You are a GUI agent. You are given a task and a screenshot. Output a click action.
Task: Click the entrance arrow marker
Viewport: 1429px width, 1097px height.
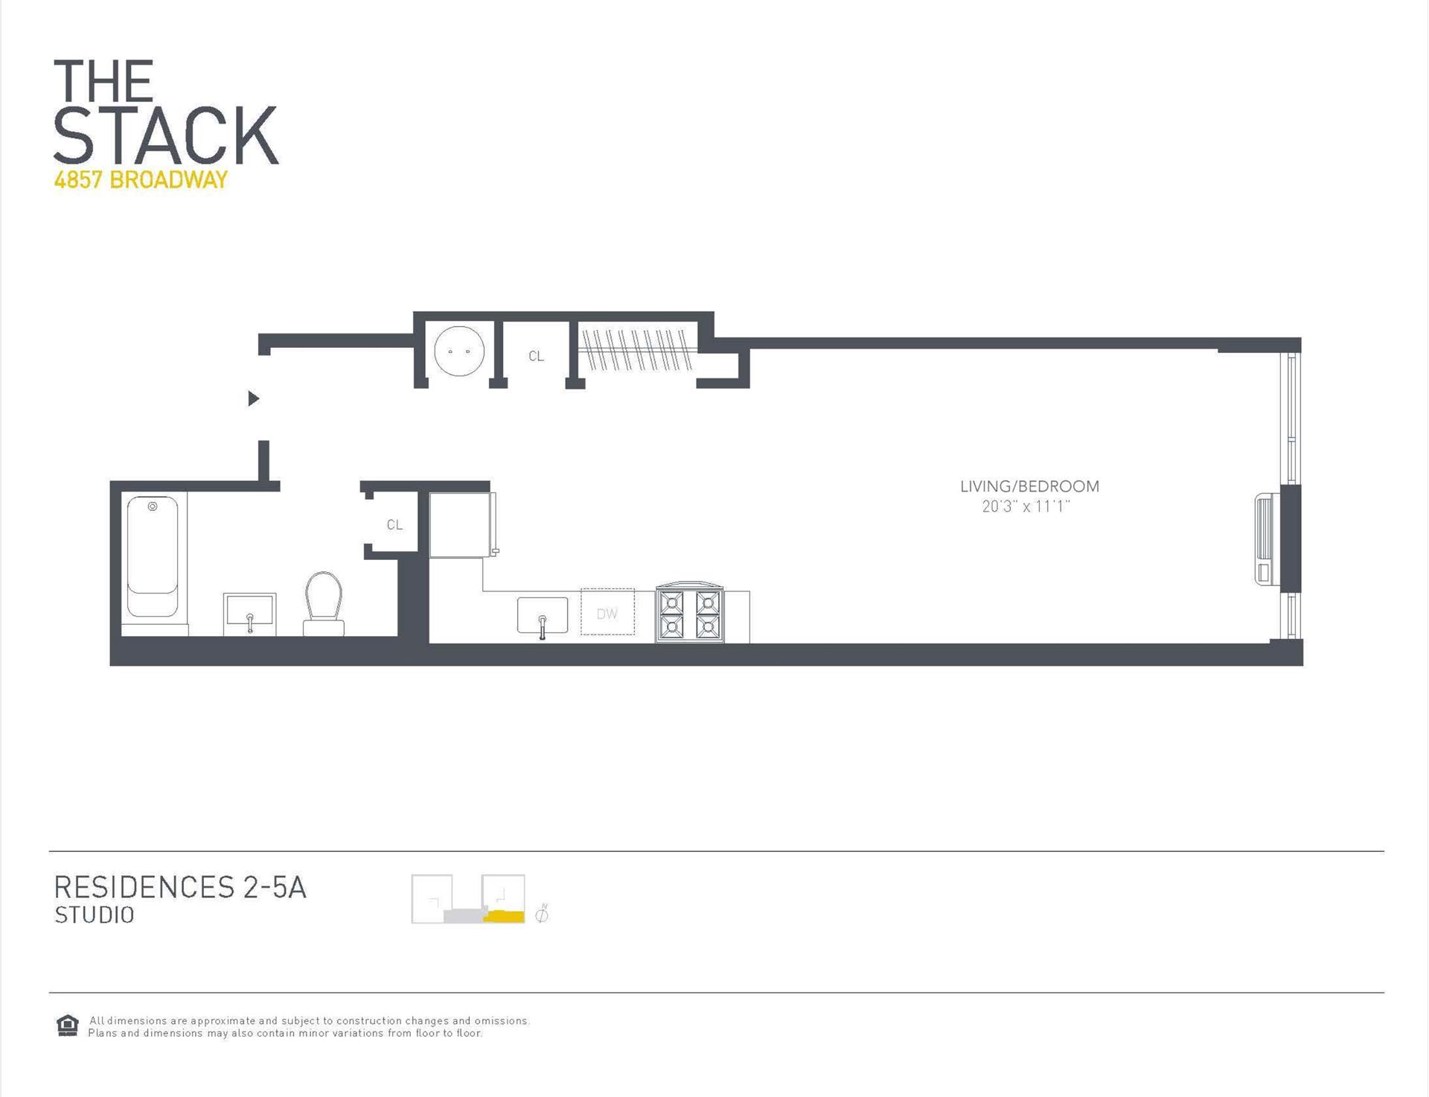253,398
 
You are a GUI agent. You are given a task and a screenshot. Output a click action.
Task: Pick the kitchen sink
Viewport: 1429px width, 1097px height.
543,616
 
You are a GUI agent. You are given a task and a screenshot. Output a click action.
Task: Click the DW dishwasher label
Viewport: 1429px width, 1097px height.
607,614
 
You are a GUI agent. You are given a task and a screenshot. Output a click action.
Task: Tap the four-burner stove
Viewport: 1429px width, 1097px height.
690,613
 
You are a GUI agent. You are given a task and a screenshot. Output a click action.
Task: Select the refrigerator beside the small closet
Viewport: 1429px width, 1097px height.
459,524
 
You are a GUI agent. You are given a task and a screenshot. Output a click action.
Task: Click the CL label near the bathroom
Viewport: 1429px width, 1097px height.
394,525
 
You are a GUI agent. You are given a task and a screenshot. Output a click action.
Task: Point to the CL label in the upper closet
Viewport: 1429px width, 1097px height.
536,357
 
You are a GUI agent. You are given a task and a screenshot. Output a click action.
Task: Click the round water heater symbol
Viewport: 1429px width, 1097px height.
459,351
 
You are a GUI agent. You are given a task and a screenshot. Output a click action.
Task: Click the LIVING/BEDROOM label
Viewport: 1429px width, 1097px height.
1029,486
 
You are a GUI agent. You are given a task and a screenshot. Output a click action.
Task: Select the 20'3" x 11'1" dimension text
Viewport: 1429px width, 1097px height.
1026,507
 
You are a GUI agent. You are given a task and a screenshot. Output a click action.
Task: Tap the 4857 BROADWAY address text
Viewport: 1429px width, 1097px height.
141,180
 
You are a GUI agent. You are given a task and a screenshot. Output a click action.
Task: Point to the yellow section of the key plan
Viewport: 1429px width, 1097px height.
504,916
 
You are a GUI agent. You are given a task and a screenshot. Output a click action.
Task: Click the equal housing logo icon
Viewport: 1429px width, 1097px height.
68,1026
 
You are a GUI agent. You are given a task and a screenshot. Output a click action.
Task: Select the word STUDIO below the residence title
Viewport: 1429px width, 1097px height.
95,915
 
